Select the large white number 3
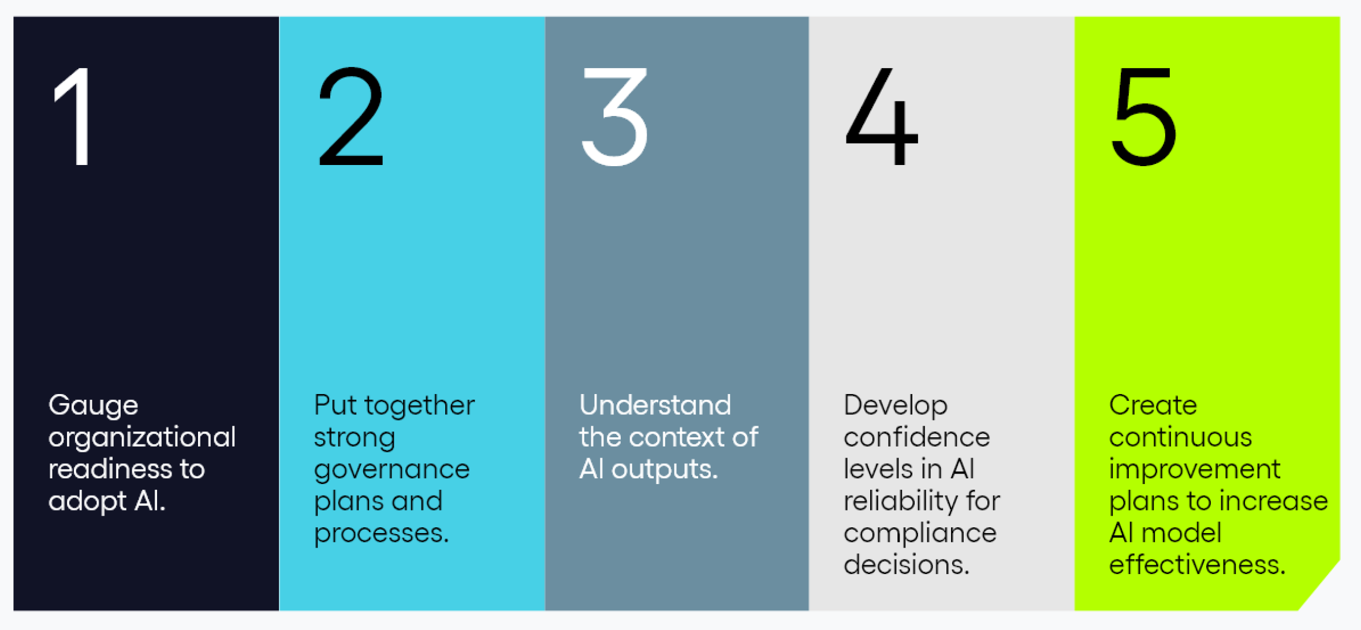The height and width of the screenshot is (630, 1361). (x=614, y=117)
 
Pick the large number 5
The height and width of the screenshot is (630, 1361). (x=1144, y=117)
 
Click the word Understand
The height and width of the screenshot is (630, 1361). (x=655, y=405)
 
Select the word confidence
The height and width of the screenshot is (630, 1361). (x=916, y=437)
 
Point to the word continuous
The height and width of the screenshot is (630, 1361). (x=1180, y=437)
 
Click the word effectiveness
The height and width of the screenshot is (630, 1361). (x=1197, y=564)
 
